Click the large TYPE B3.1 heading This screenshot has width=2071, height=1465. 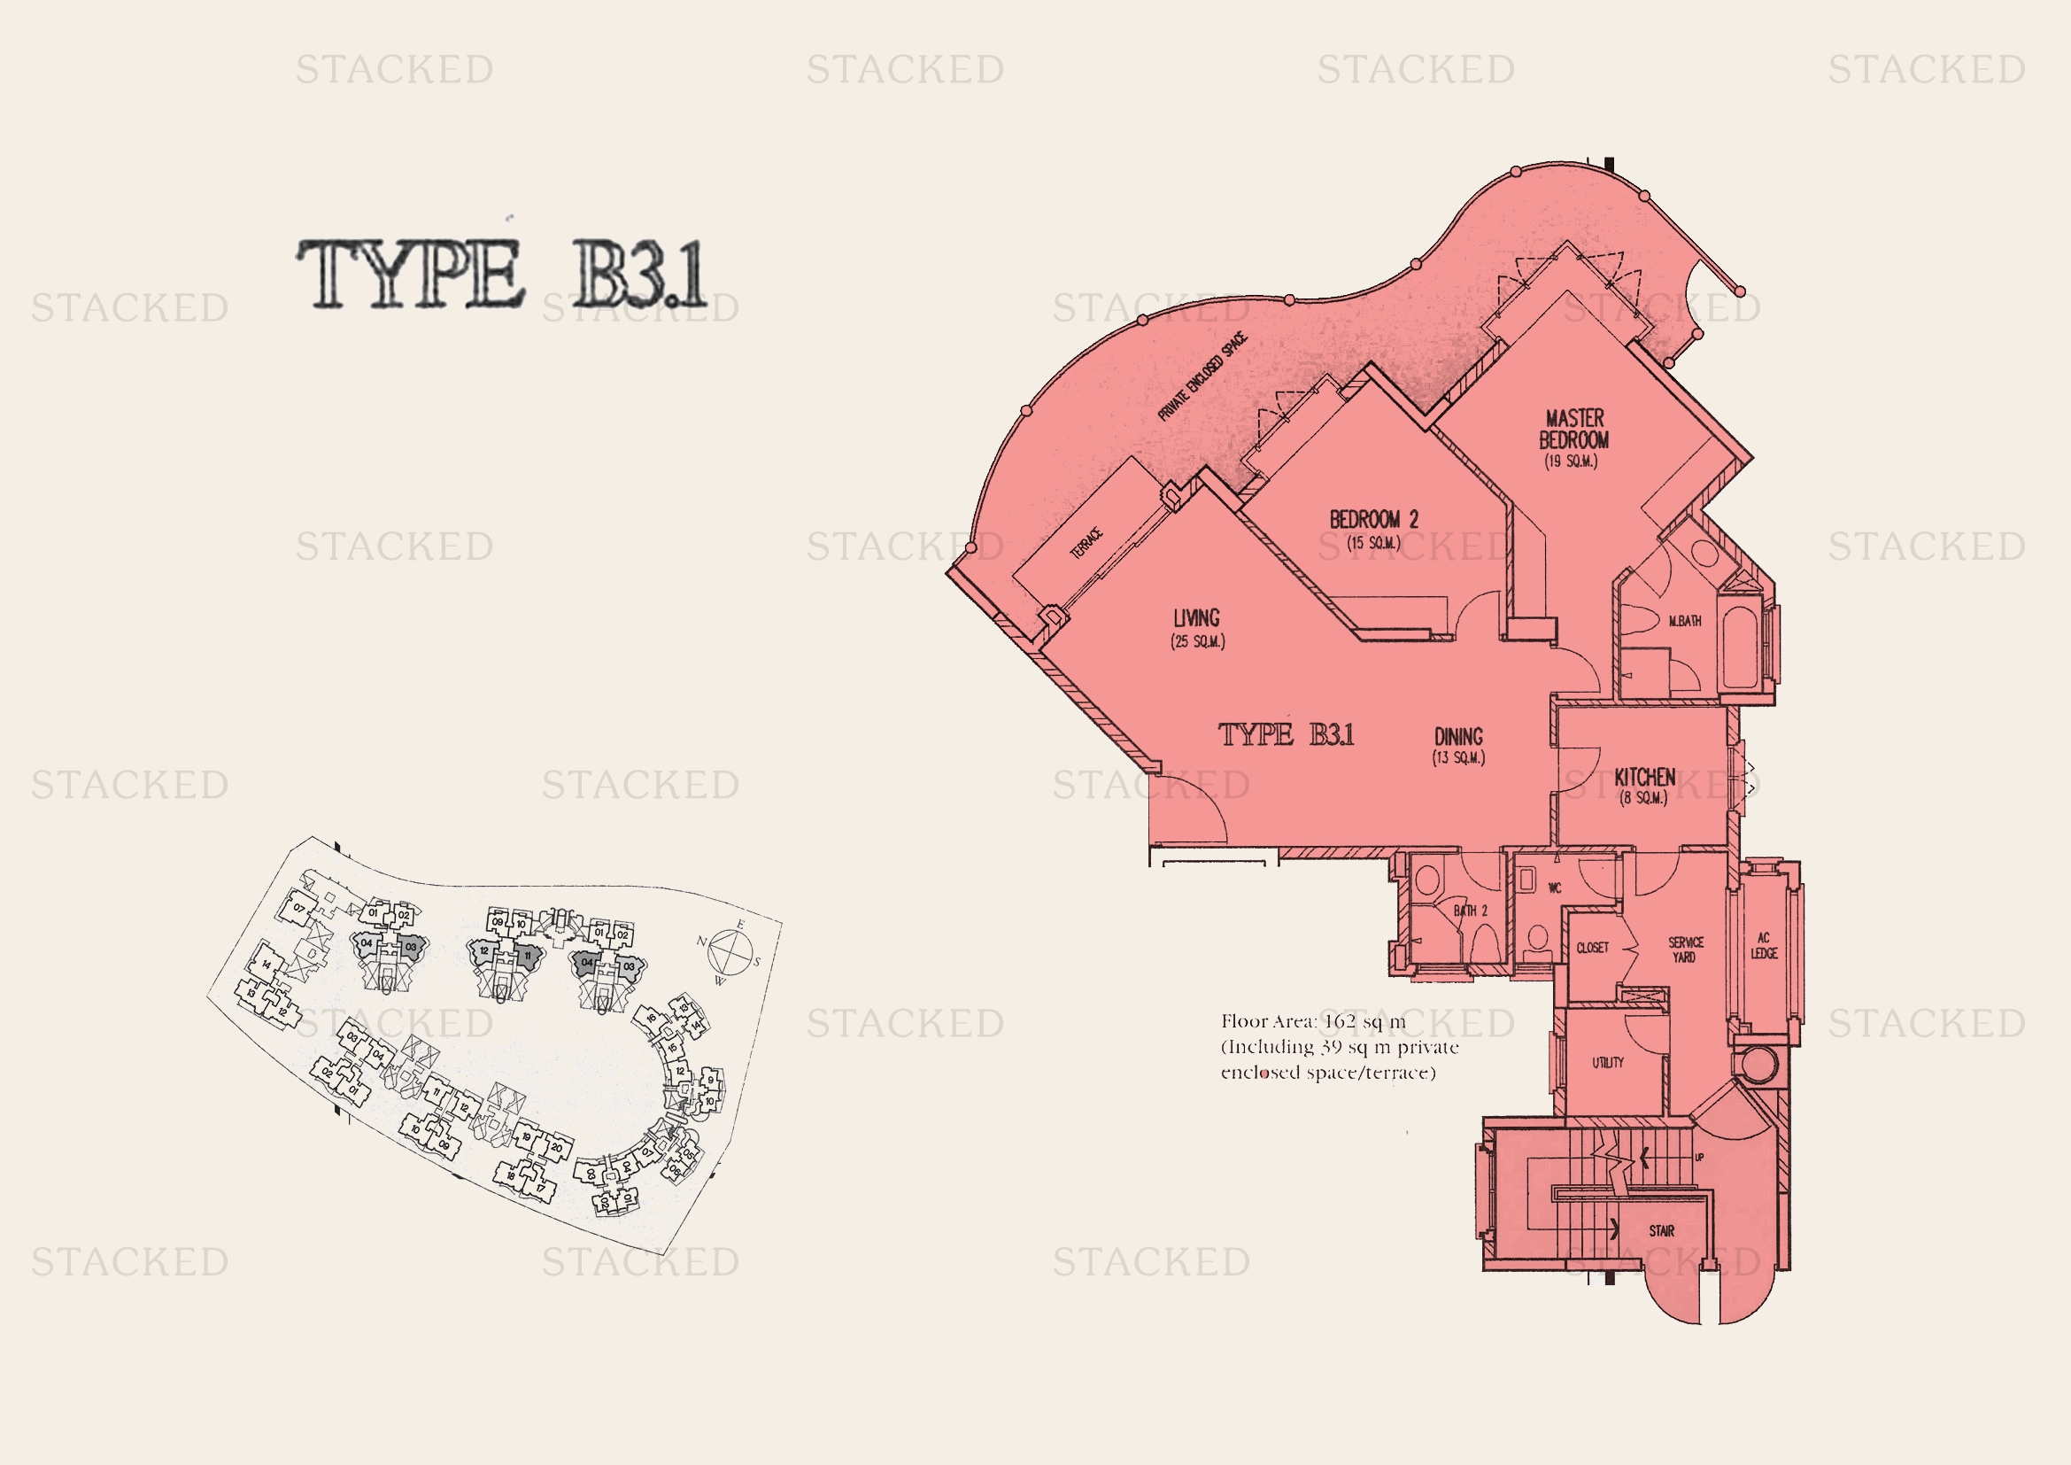click(x=502, y=274)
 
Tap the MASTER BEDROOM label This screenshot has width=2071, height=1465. click(x=1574, y=430)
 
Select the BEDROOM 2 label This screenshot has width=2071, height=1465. click(x=1374, y=520)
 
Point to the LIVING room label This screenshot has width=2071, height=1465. click(x=1196, y=618)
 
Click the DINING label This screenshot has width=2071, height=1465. click(x=1458, y=736)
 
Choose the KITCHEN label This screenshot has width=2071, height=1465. click(x=1644, y=777)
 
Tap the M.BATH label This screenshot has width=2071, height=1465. click(x=1684, y=621)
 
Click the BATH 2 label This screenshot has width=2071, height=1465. click(x=1471, y=911)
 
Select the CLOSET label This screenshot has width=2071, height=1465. click(x=1592, y=948)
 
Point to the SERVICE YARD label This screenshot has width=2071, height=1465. click(x=1685, y=949)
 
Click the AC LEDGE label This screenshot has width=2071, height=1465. click(x=1764, y=945)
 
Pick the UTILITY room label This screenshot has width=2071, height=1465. click(x=1607, y=1063)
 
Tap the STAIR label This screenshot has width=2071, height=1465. click(x=1661, y=1230)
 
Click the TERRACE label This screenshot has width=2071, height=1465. click(x=1086, y=543)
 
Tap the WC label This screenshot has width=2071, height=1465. click(x=1554, y=888)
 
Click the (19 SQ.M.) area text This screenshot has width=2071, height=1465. click(x=1571, y=461)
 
